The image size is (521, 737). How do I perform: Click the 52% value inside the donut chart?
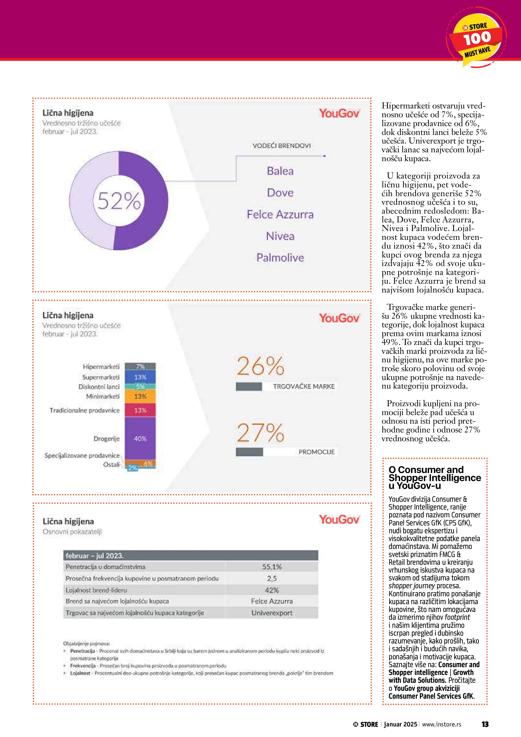click(x=119, y=201)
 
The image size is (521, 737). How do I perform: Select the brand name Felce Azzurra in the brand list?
click(x=280, y=214)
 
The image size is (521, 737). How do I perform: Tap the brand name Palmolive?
click(x=280, y=258)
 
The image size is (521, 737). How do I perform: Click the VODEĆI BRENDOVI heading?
click(x=281, y=146)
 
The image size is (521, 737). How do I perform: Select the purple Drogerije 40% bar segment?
click(x=140, y=438)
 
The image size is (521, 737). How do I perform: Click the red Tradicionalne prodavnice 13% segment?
click(x=140, y=410)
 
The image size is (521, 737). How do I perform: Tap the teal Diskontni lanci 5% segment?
click(x=140, y=387)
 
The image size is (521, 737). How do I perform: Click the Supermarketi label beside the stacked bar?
click(x=101, y=377)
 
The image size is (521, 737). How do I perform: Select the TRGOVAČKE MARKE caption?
click(x=303, y=387)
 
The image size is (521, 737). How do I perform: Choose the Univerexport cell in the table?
click(x=272, y=613)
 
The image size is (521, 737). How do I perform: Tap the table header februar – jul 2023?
click(x=95, y=556)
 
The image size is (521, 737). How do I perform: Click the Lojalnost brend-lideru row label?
click(x=96, y=590)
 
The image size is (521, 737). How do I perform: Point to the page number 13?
click(x=485, y=724)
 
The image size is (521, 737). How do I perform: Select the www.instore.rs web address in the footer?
click(x=441, y=724)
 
